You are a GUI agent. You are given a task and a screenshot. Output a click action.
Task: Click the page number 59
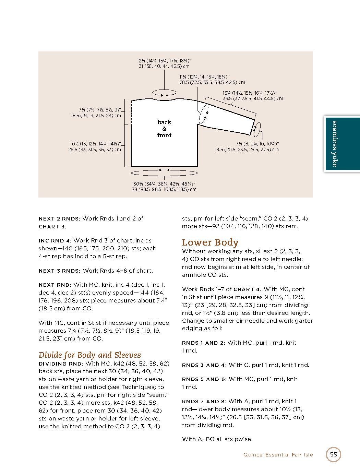(x=334, y=454)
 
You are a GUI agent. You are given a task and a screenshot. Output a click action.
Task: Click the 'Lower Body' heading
(x=210, y=242)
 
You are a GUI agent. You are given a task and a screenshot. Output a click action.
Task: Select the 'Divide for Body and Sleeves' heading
(x=89, y=355)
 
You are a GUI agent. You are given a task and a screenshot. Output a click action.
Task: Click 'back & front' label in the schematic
(x=164, y=129)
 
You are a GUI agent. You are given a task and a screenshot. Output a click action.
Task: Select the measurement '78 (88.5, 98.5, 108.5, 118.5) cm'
(x=164, y=189)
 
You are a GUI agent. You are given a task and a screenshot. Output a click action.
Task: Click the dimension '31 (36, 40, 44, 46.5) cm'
(x=164, y=66)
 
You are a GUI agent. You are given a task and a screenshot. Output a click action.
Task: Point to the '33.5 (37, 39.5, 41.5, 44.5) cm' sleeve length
(x=253, y=98)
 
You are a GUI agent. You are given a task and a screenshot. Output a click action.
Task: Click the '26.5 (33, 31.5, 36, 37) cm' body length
(x=95, y=150)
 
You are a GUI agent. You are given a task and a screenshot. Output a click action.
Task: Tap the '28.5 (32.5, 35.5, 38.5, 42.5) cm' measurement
(x=212, y=82)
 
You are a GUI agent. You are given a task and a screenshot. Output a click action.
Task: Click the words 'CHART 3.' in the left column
(x=52, y=227)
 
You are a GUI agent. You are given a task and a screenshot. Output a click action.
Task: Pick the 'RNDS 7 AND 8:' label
(x=204, y=401)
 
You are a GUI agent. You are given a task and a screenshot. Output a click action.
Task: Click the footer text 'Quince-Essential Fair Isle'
(x=278, y=454)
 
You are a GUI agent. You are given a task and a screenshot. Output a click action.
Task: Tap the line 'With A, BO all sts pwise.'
(x=217, y=439)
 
